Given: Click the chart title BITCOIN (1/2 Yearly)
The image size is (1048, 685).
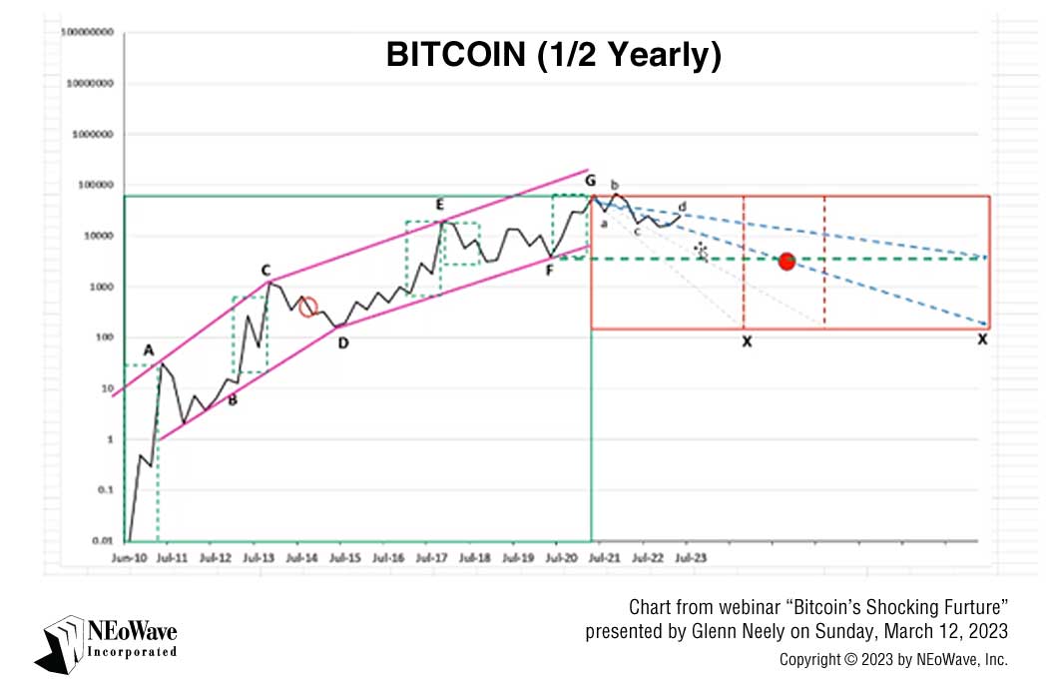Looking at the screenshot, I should (x=553, y=57).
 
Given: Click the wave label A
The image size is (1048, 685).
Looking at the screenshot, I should (x=148, y=350).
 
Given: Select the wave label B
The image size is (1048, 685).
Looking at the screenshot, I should (x=233, y=401).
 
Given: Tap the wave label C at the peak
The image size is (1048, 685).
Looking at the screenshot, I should (x=265, y=271).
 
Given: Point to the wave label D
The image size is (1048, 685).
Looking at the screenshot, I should (x=342, y=343).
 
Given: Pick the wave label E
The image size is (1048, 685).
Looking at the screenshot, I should (x=439, y=205).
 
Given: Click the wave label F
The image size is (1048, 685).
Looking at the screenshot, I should (x=550, y=269).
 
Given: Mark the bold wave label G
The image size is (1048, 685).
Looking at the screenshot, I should (x=591, y=181).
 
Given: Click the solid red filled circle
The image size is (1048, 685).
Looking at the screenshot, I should (x=786, y=262).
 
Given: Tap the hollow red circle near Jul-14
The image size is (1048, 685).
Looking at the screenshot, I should (x=308, y=308).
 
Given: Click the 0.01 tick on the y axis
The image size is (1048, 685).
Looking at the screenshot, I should (x=100, y=540).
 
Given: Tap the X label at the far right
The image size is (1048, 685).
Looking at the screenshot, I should (x=982, y=341).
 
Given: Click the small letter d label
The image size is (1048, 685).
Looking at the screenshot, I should (x=682, y=206).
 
